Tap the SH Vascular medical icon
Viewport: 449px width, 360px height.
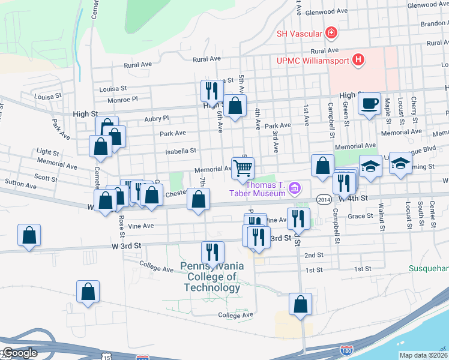coord(330,33)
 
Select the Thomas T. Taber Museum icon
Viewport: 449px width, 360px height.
coord(294,189)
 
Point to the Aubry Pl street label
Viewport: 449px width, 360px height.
coord(157,119)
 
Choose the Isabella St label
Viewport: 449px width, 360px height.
coord(185,151)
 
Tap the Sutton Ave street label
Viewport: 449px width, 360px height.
coord(17,181)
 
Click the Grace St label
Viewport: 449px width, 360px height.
coord(361,216)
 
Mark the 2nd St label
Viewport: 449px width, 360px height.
coord(313,255)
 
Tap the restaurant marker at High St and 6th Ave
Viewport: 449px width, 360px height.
coord(211,91)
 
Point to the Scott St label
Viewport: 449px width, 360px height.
coord(46,177)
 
